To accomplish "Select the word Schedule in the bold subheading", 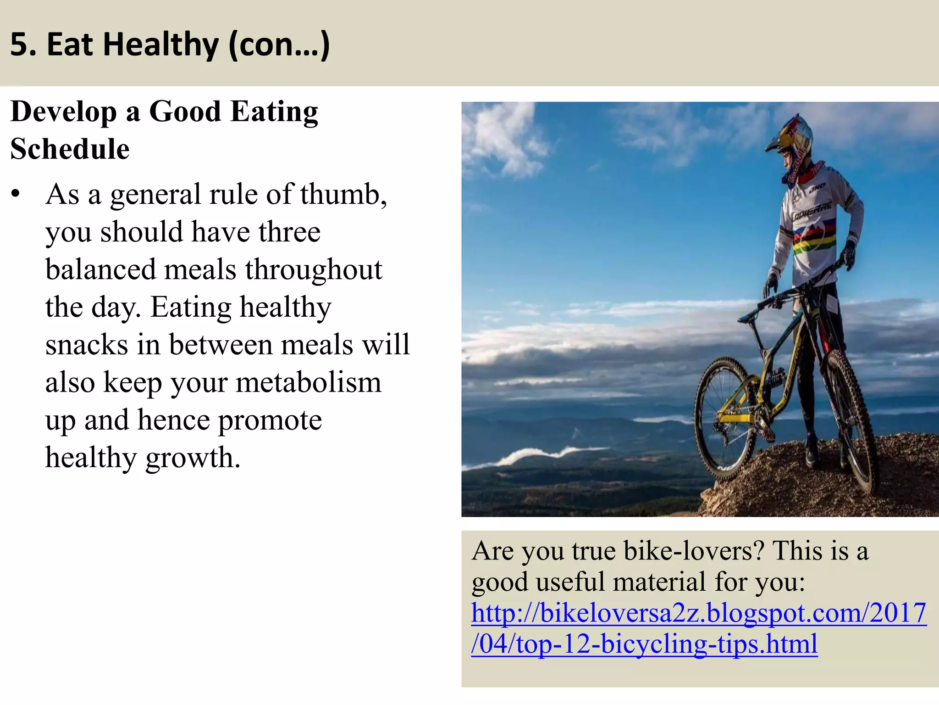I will pos(70,149).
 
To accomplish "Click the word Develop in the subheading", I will pos(64,112).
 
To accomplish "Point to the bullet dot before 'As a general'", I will pos(16,194).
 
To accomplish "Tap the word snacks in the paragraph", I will pos(87,345).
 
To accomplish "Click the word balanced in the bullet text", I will pos(100,269).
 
